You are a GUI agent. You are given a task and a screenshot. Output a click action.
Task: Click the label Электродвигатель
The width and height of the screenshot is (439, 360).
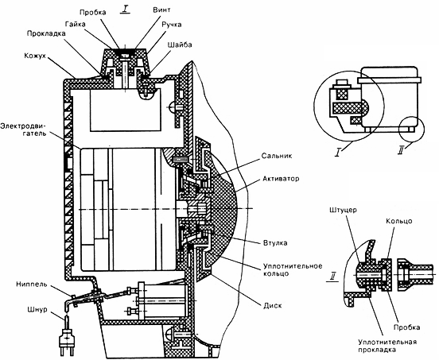pos(24,130)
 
